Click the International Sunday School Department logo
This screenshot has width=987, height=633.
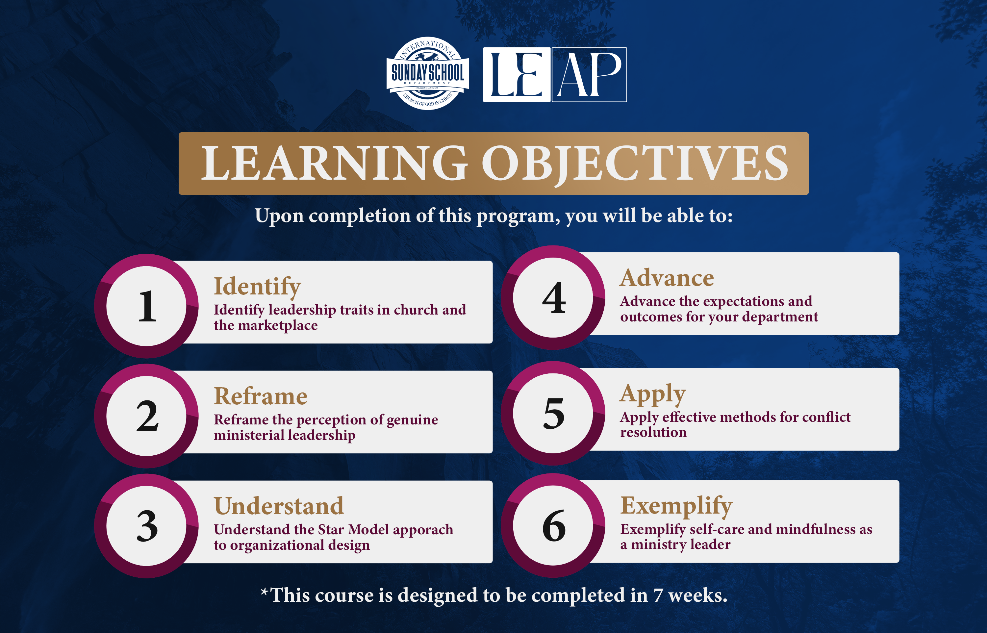coord(427,73)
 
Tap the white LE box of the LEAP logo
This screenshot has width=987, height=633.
coord(517,75)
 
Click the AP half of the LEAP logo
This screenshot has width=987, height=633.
coord(589,75)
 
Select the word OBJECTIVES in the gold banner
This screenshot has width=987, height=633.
coord(635,164)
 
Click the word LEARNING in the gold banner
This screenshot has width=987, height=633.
coord(334,163)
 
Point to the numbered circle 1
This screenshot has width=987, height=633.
coord(146,306)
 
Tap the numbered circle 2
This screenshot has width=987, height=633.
coord(146,416)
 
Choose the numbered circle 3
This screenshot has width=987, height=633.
coord(146,526)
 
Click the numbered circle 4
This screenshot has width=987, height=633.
coord(553,298)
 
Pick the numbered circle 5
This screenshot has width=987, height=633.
coord(553,413)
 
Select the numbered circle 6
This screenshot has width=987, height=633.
coord(553,525)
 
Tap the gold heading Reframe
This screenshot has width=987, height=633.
coord(261,396)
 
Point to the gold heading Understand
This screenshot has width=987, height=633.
coord(279,506)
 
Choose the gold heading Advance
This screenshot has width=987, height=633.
coord(667,278)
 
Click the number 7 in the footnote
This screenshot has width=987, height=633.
coord(658,595)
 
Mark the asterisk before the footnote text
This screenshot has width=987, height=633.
coord(265,592)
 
